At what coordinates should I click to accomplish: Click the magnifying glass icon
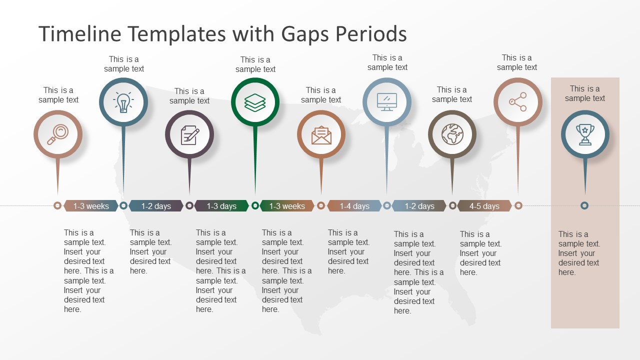point(58,134)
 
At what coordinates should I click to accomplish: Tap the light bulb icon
point(123,102)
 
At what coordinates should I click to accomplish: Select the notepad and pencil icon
point(189,135)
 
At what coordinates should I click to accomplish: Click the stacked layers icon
point(255,102)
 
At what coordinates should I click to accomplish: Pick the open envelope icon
point(321,135)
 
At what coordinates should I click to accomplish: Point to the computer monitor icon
point(387,102)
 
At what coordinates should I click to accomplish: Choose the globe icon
point(452,134)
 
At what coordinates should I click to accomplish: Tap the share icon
point(518,102)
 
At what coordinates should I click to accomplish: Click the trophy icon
point(585,134)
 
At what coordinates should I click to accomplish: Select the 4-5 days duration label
point(484,206)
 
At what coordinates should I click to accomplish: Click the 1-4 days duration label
point(354,206)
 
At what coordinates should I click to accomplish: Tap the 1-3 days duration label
point(221,206)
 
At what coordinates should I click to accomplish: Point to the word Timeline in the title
point(80,34)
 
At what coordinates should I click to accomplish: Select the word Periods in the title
point(371,34)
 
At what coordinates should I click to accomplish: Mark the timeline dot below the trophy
point(584,205)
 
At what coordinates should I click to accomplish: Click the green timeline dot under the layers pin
point(255,205)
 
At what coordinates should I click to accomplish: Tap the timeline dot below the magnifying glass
point(57,205)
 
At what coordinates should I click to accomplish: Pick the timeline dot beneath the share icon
point(518,205)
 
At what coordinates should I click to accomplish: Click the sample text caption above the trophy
point(585,93)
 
